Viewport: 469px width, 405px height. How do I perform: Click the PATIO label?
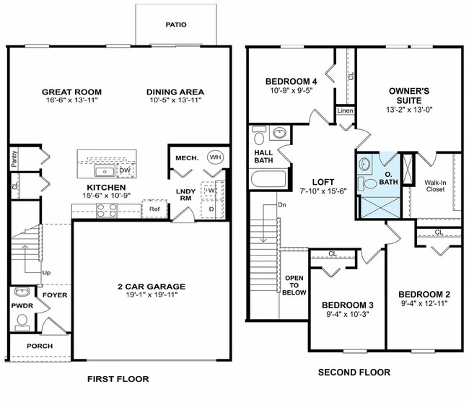coord(175,25)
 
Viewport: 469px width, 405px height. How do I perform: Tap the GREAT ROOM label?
coord(71,92)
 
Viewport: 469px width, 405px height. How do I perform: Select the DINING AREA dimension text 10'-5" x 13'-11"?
coord(175,102)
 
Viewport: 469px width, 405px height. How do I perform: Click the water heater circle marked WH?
coord(215,157)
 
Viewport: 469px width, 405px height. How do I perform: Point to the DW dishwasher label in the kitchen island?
coord(124,170)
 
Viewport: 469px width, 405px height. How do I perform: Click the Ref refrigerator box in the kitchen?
coord(154,209)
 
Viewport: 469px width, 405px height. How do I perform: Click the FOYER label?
coord(55,295)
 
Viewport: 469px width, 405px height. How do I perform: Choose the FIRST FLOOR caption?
coord(118,378)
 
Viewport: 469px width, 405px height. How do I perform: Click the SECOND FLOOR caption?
coord(354,373)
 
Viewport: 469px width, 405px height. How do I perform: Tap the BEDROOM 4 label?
coord(292,81)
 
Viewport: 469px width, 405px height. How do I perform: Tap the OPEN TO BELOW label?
coord(294,285)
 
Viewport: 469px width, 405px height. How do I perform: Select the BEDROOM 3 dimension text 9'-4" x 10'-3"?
coord(348,315)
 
